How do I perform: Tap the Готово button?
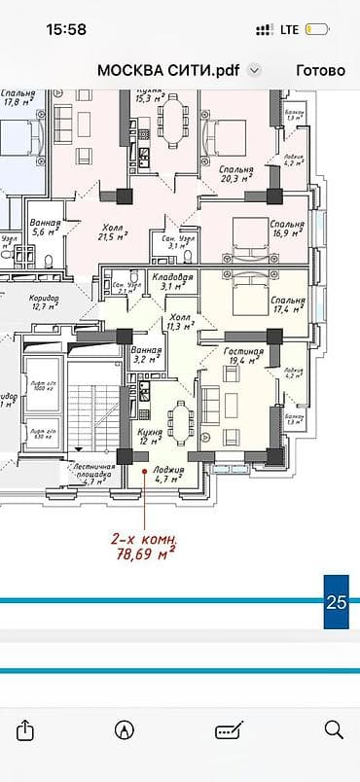click(x=320, y=70)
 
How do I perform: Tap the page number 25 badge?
click(x=336, y=602)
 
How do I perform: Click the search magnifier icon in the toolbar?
click(x=334, y=729)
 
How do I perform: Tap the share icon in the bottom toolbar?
click(x=26, y=729)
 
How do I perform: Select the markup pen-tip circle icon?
click(x=125, y=729)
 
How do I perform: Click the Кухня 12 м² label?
click(x=149, y=435)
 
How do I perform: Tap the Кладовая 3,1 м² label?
click(x=172, y=282)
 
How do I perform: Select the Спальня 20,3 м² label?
click(x=236, y=173)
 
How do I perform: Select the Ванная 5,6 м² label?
click(x=46, y=228)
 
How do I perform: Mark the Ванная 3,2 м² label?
click(x=145, y=353)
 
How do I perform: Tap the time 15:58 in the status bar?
click(x=65, y=29)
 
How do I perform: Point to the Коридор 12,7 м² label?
click(x=46, y=301)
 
